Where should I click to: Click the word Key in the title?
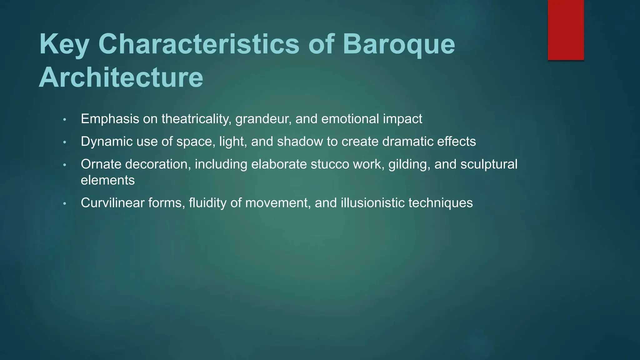[64, 45]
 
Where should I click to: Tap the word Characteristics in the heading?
[199, 44]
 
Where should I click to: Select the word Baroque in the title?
[399, 45]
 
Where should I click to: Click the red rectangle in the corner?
[566, 30]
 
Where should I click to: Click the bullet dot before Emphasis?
[65, 120]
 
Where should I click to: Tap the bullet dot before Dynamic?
[65, 142]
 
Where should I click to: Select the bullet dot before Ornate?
[65, 165]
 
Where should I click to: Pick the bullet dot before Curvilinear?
[65, 204]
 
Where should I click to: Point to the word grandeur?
[263, 119]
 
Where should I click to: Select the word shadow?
[300, 142]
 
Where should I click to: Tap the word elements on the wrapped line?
[108, 180]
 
